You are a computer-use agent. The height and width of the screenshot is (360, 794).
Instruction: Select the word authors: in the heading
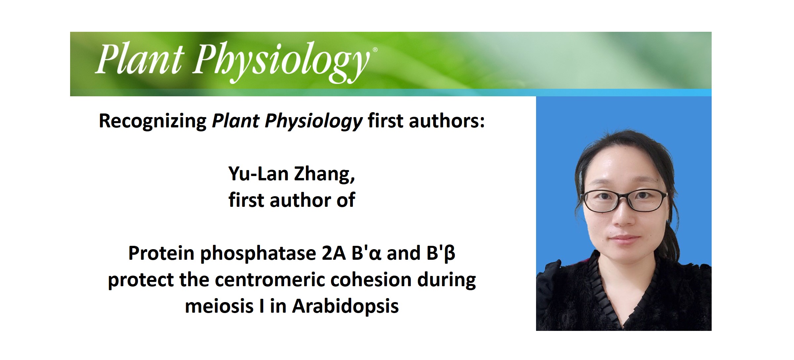[x=447, y=121]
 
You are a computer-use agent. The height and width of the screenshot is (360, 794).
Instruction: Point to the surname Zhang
[x=324, y=174]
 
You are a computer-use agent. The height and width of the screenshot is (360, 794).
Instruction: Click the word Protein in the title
[x=162, y=253]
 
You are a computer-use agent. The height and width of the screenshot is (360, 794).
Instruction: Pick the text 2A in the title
[x=333, y=253]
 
